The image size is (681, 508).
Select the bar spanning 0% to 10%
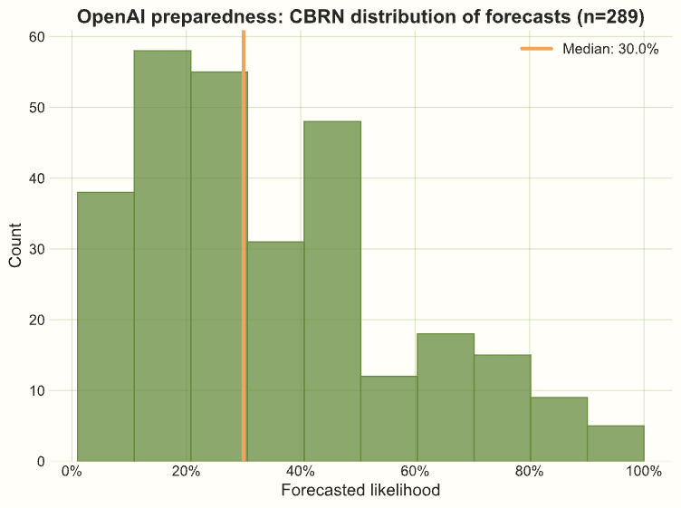(x=105, y=326)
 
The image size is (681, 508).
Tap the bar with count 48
(x=332, y=291)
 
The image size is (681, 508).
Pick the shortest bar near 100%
(x=615, y=444)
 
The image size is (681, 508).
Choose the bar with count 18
(x=446, y=398)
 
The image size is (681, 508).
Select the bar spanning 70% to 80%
(x=502, y=407)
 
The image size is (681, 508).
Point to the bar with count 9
(x=559, y=429)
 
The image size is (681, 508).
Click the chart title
(x=360, y=16)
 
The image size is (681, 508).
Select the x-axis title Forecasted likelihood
(x=360, y=491)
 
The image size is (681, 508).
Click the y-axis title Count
(x=15, y=247)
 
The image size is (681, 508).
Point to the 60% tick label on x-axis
(x=416, y=471)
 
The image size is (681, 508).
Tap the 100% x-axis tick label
(x=644, y=471)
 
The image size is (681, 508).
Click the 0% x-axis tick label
(x=72, y=471)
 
